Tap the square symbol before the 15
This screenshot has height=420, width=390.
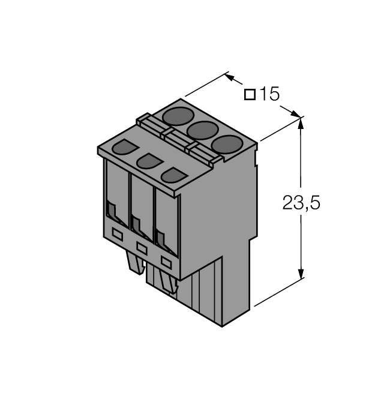pos(251,95)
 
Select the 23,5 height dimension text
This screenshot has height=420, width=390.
pos(301,203)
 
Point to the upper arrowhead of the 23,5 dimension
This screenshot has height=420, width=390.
pos(301,124)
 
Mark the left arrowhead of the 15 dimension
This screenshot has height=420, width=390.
pos(232,78)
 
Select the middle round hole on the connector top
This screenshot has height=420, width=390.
pos(202,129)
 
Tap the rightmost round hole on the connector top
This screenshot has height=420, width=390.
pos(226,144)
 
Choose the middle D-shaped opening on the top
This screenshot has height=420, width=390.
pos(149,161)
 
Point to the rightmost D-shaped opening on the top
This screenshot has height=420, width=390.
pos(173,175)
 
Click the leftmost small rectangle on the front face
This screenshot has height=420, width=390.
pos(118,235)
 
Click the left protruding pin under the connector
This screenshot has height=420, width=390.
pos(135,261)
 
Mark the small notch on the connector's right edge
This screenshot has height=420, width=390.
pos(256,158)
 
